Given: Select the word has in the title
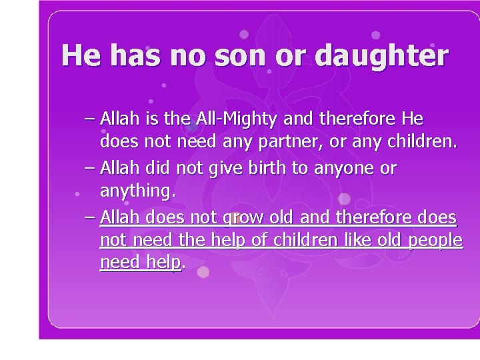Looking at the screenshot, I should point(136,56).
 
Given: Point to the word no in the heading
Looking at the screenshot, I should point(190,56).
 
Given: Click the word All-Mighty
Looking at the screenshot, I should point(241,120).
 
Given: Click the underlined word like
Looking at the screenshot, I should point(354,240).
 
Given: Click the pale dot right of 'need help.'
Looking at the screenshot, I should point(203,271).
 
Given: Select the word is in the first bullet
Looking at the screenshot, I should point(151,120).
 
